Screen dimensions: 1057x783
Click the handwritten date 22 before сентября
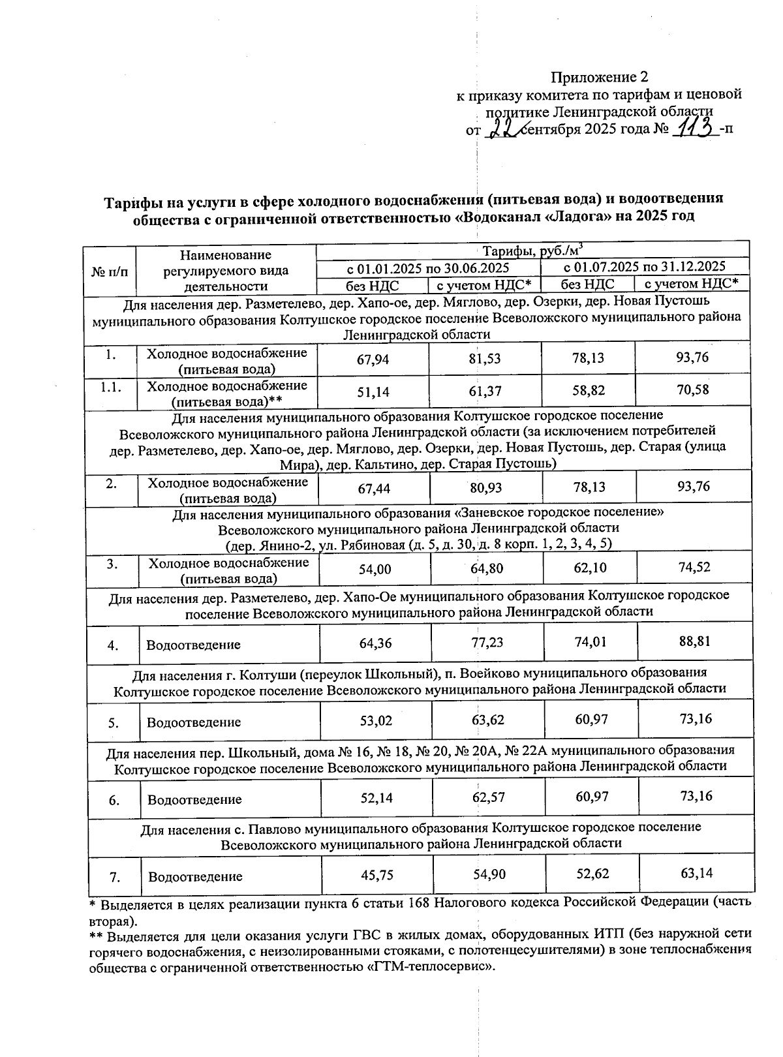click(x=503, y=127)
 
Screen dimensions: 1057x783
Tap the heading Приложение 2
click(x=600, y=78)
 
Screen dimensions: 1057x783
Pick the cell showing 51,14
click(x=373, y=391)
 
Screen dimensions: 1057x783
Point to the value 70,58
click(x=693, y=390)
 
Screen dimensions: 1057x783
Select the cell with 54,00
click(x=375, y=569)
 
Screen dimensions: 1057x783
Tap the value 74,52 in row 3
click(x=694, y=568)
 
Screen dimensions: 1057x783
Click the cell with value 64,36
click(x=376, y=643)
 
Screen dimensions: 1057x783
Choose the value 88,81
click(x=694, y=641)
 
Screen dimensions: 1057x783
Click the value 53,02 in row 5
click(x=376, y=721)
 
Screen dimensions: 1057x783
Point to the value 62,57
click(x=489, y=797)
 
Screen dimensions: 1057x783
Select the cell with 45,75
click(x=377, y=875)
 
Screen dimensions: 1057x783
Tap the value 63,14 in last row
click(x=696, y=873)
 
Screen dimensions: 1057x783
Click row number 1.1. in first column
click(x=110, y=387)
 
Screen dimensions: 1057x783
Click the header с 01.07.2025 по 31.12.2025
click(x=644, y=267)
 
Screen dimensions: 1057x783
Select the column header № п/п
click(x=110, y=270)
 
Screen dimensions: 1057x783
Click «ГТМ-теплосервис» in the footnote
click(x=427, y=967)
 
